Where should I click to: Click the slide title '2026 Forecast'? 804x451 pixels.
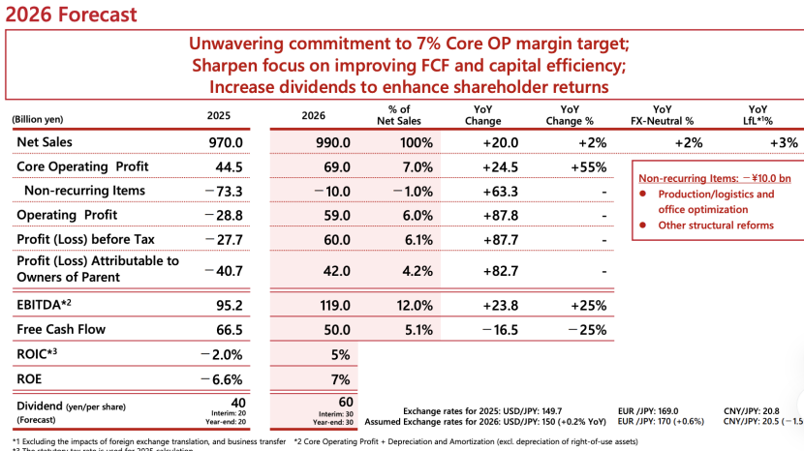click(x=68, y=15)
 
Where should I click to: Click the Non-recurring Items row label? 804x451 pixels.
click(x=85, y=191)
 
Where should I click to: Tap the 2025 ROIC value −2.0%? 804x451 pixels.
click(x=220, y=354)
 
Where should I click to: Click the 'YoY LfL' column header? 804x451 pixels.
click(x=759, y=115)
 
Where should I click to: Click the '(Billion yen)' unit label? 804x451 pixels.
click(x=38, y=120)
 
